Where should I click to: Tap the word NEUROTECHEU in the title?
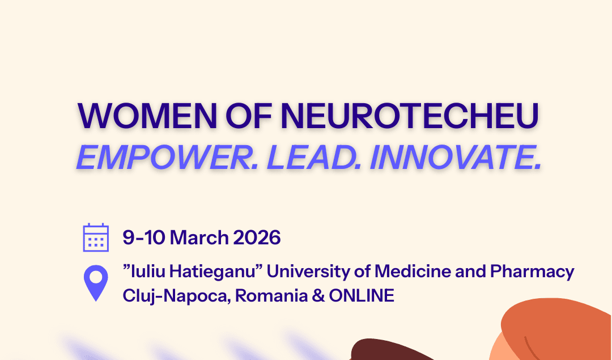pyautogui.click(x=409, y=116)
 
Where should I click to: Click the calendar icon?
pyautogui.click(x=96, y=238)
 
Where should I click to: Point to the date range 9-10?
pyautogui.click(x=143, y=238)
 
